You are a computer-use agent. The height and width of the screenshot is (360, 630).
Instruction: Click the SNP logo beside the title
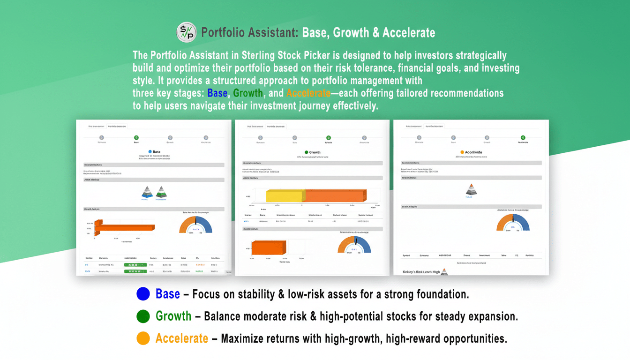click(x=187, y=32)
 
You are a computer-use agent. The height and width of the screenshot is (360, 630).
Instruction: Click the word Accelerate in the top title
click(x=409, y=33)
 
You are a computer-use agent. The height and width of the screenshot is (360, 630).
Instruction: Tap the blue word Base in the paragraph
click(x=217, y=93)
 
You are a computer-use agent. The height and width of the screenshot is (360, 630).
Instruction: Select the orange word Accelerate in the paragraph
click(x=308, y=93)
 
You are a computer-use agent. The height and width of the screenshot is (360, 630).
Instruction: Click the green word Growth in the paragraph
click(x=248, y=93)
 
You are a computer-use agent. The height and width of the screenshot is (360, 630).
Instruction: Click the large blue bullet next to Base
click(x=143, y=294)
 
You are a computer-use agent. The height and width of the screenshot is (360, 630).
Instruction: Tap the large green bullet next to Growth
click(x=143, y=316)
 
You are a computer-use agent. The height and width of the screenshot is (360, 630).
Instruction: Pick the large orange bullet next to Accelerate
click(x=143, y=338)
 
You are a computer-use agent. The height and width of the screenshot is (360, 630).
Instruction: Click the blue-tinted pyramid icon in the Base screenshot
click(x=148, y=191)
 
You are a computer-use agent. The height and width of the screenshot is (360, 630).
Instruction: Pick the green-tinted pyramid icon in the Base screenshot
click(x=161, y=191)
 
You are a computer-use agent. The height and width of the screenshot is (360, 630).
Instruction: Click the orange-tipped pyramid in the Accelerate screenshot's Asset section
click(x=471, y=189)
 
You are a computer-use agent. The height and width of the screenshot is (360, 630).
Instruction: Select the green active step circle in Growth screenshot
click(x=329, y=138)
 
